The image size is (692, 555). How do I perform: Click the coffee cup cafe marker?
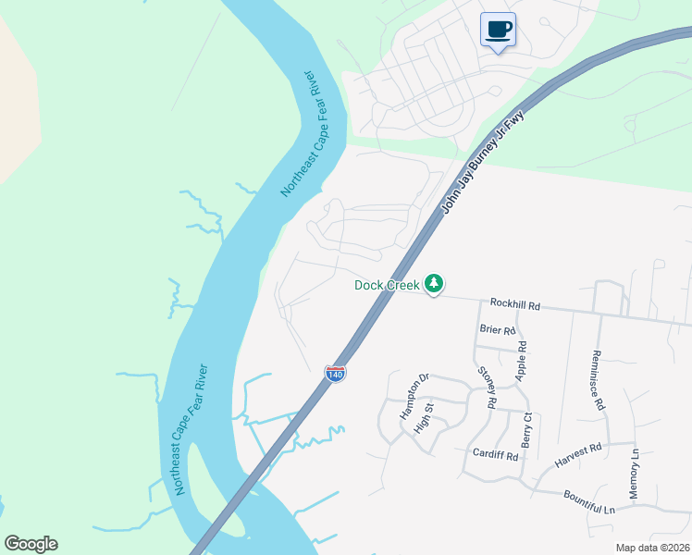498,30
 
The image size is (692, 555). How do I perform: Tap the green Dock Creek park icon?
435,285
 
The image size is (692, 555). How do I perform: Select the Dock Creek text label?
387,285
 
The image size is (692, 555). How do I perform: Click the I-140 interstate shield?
335,372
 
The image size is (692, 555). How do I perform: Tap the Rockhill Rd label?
514,303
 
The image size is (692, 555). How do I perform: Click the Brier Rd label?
497,328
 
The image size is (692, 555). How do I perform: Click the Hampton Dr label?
415,397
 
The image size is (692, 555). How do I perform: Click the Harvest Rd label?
578,452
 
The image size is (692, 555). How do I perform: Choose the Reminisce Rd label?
599,379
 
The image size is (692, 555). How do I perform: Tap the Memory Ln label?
635,475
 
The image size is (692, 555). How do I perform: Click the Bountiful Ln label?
589,503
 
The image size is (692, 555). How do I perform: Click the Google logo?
31,544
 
